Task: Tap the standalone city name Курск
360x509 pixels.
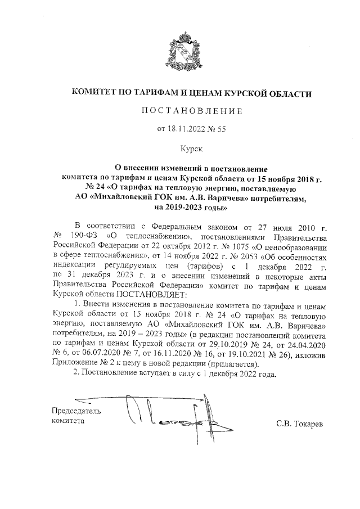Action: [x=191, y=149]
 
